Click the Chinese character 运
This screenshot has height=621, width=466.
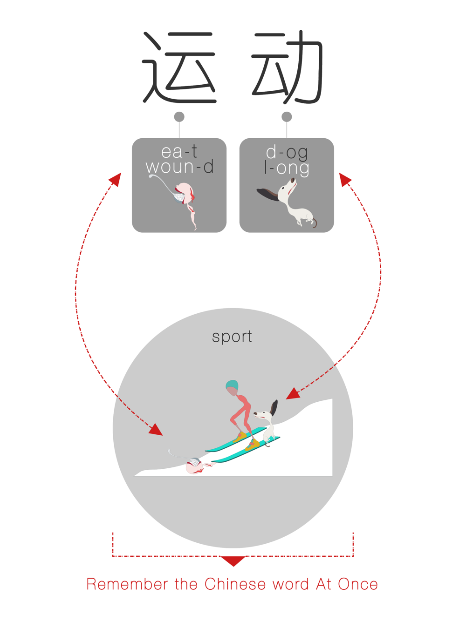[x=179, y=67]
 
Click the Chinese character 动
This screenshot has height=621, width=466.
[x=287, y=67]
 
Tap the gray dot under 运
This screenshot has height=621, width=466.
[x=179, y=116]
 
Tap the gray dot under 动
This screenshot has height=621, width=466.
[x=287, y=116]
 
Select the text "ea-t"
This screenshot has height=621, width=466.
[x=179, y=152]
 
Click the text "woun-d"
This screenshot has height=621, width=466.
[x=179, y=166]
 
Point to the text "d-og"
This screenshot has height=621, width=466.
[x=287, y=153]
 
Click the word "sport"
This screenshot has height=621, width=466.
[x=232, y=337]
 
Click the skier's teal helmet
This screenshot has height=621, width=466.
[x=232, y=386]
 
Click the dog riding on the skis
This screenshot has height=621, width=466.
[x=266, y=424]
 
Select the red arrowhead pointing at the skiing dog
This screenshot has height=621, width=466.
[x=293, y=394]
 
